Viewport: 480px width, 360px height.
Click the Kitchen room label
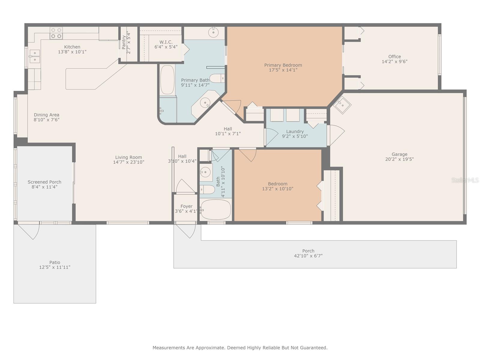(x=72, y=47)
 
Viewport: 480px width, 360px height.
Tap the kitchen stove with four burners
(x=56, y=33)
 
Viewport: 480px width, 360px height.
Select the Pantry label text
(x=124, y=42)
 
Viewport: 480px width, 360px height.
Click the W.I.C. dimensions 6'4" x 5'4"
(x=166, y=47)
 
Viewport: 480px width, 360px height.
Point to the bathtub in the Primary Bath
(x=167, y=80)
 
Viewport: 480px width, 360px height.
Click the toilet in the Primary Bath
(x=217, y=78)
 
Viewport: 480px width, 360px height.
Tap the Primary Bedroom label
(x=283, y=65)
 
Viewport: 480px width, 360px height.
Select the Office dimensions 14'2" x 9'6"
(x=394, y=61)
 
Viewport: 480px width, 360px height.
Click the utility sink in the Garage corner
(x=342, y=105)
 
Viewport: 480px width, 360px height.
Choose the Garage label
(x=399, y=154)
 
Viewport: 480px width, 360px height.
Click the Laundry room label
(x=295, y=132)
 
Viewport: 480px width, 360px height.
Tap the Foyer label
(x=186, y=206)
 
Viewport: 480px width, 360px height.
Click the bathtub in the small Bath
(x=216, y=210)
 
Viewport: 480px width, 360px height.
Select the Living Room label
(x=128, y=157)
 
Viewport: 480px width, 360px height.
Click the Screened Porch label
(x=44, y=182)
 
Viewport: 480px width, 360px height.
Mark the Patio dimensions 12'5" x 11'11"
(x=55, y=267)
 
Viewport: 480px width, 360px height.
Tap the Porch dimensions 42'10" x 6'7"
(x=308, y=256)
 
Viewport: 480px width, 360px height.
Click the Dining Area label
(x=46, y=115)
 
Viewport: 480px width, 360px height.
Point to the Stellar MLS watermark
(x=465, y=180)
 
